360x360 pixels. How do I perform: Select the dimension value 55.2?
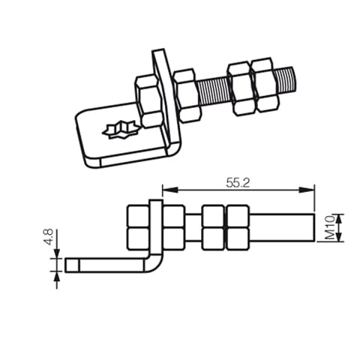pos(237,182)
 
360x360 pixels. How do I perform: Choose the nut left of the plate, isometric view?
pos(148,100)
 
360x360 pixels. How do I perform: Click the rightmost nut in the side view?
pos(238,227)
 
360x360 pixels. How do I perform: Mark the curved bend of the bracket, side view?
pos(154,262)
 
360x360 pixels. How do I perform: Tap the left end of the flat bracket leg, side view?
pos(70,265)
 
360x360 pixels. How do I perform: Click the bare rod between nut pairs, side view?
pos(193,227)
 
